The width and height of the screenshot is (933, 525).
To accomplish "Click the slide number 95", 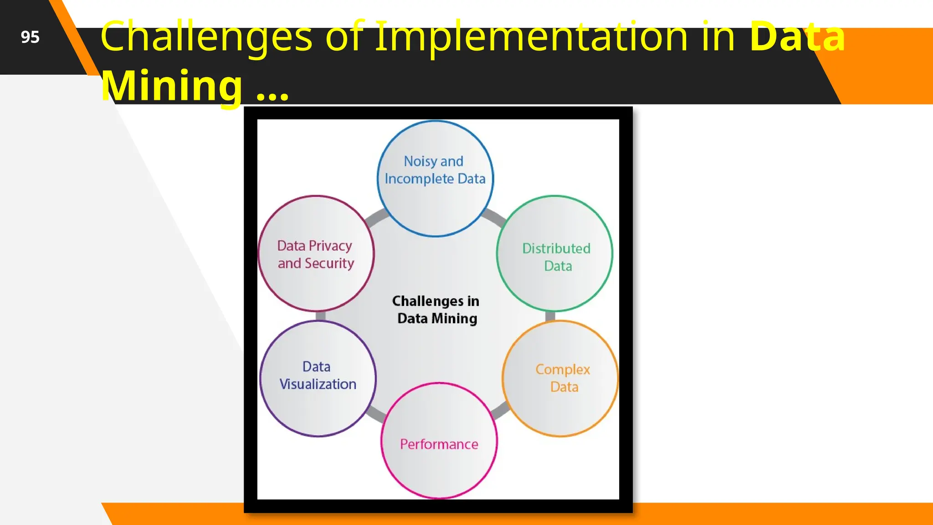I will coord(30,37).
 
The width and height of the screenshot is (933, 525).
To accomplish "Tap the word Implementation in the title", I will coord(531,36).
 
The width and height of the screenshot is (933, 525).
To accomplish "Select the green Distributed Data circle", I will coord(554,253).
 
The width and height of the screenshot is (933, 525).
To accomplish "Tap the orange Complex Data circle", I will coord(560,378).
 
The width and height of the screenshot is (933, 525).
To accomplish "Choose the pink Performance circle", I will coord(439,440).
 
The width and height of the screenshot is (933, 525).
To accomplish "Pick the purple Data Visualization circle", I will coord(318,378).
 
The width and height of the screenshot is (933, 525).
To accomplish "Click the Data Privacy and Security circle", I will coord(316,253).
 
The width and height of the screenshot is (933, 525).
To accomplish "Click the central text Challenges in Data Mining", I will coord(436,309).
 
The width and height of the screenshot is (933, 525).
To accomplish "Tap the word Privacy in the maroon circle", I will coord(330,246).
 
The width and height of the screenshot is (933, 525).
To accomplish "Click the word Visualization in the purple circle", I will coord(318,384).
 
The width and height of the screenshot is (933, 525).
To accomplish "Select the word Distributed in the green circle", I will coord(556,248).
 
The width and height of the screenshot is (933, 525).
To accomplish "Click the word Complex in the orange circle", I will coord(563,369).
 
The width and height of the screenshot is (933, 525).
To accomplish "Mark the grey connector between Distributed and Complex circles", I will coord(550,316).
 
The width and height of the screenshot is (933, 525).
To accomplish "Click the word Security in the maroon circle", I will coord(329,263).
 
